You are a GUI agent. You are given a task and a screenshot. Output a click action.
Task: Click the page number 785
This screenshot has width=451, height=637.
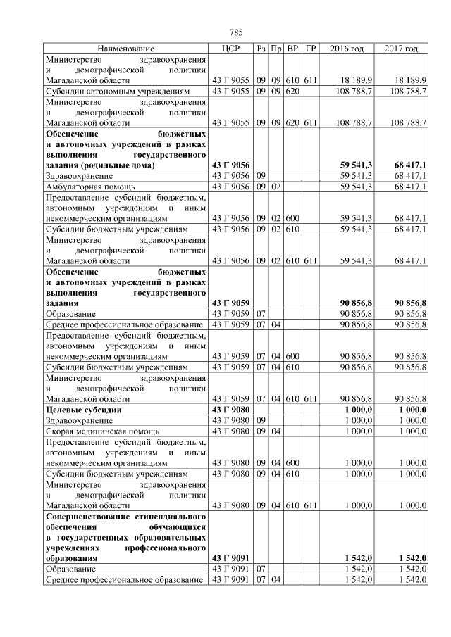point(236,32)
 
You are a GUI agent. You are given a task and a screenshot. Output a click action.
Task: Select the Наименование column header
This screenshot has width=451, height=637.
point(125,49)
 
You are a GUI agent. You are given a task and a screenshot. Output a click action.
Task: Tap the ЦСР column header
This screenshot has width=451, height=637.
point(231,49)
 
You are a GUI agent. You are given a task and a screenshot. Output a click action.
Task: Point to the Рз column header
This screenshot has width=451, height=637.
point(261,49)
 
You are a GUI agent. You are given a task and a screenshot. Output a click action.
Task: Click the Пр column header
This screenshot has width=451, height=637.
point(276,49)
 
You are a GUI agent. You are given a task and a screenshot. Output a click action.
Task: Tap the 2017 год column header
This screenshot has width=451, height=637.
point(402,49)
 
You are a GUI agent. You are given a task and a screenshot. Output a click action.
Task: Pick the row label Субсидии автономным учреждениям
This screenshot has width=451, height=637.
point(116,92)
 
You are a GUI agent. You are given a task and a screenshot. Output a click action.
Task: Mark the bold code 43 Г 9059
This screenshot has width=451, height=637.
point(231,302)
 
